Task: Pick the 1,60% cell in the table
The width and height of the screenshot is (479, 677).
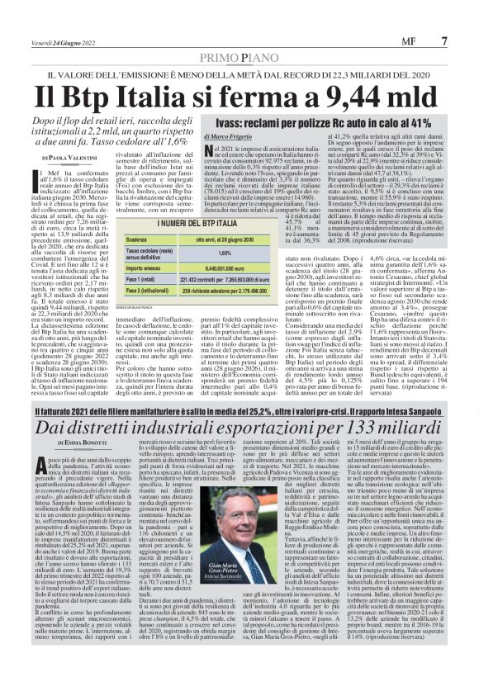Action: click(223, 253)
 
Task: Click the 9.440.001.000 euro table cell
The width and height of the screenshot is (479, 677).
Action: click(223, 268)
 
